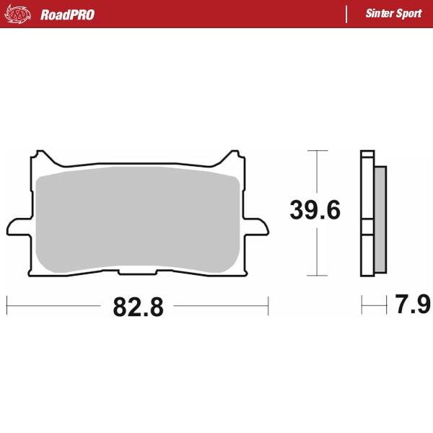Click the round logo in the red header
[x=19, y=14]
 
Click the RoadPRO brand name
[x=67, y=14]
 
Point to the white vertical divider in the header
[x=347, y=14]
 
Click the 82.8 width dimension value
[x=138, y=306]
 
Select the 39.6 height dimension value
[x=315, y=210]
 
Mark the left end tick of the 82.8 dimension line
[x=6, y=305]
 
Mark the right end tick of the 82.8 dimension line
[x=268, y=305]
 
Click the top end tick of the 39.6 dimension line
[x=312, y=151]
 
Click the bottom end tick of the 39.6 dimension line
[x=312, y=276]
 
